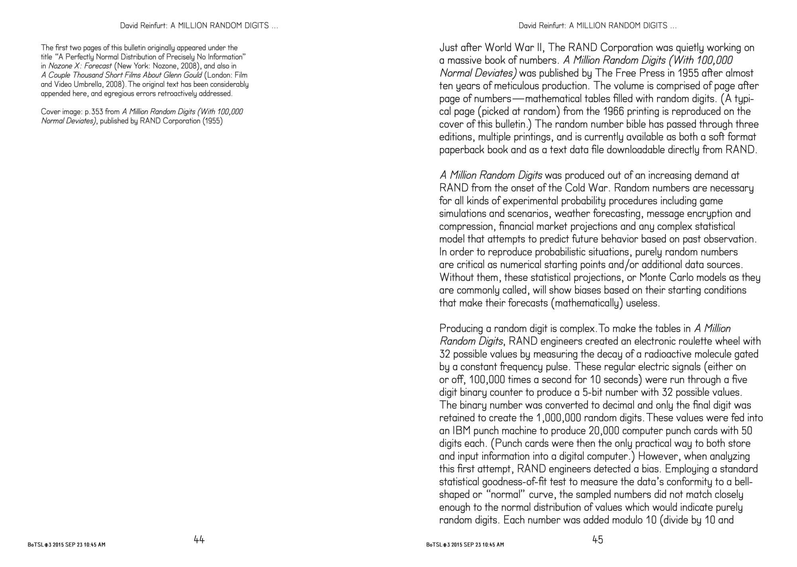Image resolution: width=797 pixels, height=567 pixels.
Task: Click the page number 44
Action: click(199, 540)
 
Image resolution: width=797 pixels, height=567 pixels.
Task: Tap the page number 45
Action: click(598, 540)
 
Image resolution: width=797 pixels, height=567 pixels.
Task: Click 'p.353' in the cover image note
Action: click(94, 112)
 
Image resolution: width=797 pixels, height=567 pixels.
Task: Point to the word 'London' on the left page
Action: click(218, 75)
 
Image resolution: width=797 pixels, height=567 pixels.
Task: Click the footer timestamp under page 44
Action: click(67, 545)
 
